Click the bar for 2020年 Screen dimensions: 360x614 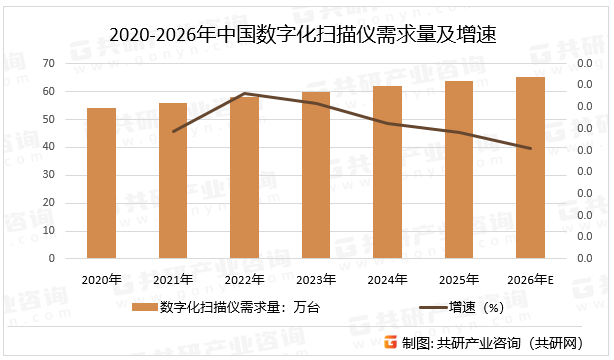pos(101,183)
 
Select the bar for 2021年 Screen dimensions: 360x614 pos(173,181)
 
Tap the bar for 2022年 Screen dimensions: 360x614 pos(245,177)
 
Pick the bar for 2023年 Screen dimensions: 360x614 pos(316,175)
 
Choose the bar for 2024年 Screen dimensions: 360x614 pos(388,172)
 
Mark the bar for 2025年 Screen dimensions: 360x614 pos(459,170)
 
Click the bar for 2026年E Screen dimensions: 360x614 pos(531,168)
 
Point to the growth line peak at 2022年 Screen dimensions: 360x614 pos(245,94)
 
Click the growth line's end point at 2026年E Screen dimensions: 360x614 pos(531,149)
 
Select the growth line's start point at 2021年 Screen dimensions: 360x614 pos(173,131)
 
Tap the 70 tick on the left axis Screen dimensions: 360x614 pos(48,63)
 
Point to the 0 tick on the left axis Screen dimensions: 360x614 pos(51,258)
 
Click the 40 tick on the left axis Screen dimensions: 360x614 pos(48,147)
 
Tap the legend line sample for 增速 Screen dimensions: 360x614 pos(431,306)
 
